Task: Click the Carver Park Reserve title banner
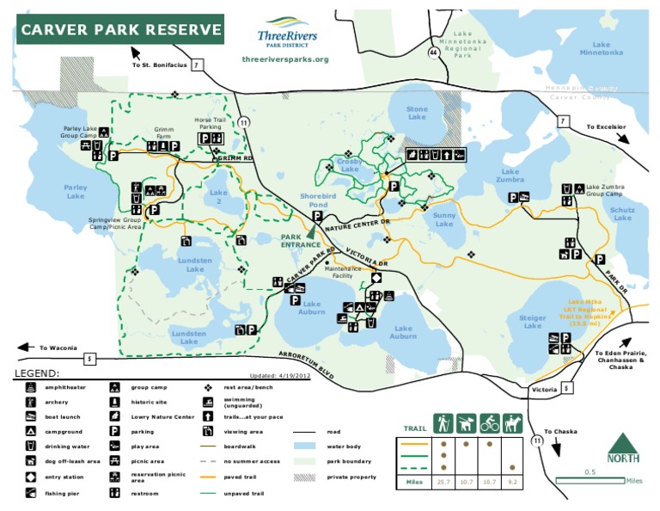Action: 120,32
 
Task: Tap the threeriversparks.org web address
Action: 286,59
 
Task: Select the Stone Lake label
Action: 417,113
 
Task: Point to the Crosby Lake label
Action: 350,165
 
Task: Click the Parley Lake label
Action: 76,191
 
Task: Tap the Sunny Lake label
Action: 444,219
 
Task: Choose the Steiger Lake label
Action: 533,322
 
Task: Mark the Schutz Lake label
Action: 622,213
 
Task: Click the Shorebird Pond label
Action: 314,200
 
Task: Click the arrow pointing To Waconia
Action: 24,348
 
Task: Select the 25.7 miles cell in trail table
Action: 443,482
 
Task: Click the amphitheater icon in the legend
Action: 30,388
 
